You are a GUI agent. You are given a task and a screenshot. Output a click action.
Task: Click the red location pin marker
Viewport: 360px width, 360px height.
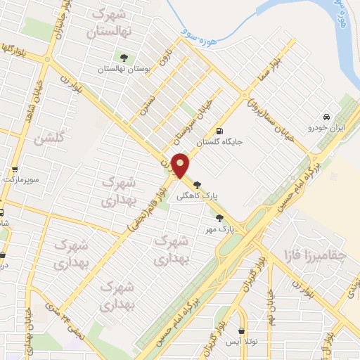(181, 166)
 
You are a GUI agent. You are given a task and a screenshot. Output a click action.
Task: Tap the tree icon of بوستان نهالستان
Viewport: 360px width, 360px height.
(124, 57)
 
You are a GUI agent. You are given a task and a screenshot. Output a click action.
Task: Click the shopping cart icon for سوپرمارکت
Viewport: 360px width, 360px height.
(15, 169)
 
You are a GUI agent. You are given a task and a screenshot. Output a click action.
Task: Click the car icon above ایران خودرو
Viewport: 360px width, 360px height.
(326, 117)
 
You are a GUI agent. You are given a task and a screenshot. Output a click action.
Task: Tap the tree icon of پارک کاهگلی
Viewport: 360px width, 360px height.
(205, 184)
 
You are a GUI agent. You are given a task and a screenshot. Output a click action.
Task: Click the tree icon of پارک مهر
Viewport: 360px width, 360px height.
(220, 217)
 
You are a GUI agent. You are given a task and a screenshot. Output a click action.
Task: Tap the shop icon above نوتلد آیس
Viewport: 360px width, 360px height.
(242, 330)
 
